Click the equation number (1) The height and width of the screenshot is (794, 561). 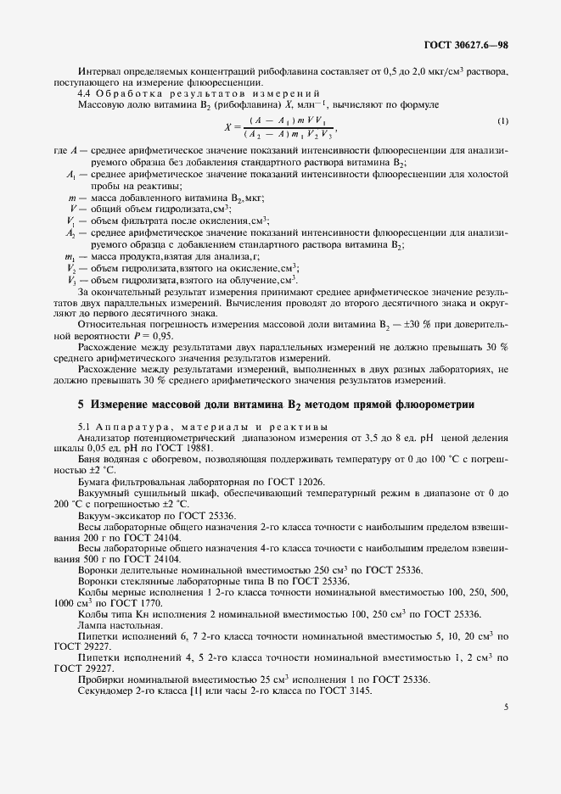[502, 121]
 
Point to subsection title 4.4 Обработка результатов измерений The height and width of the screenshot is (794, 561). [199, 92]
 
